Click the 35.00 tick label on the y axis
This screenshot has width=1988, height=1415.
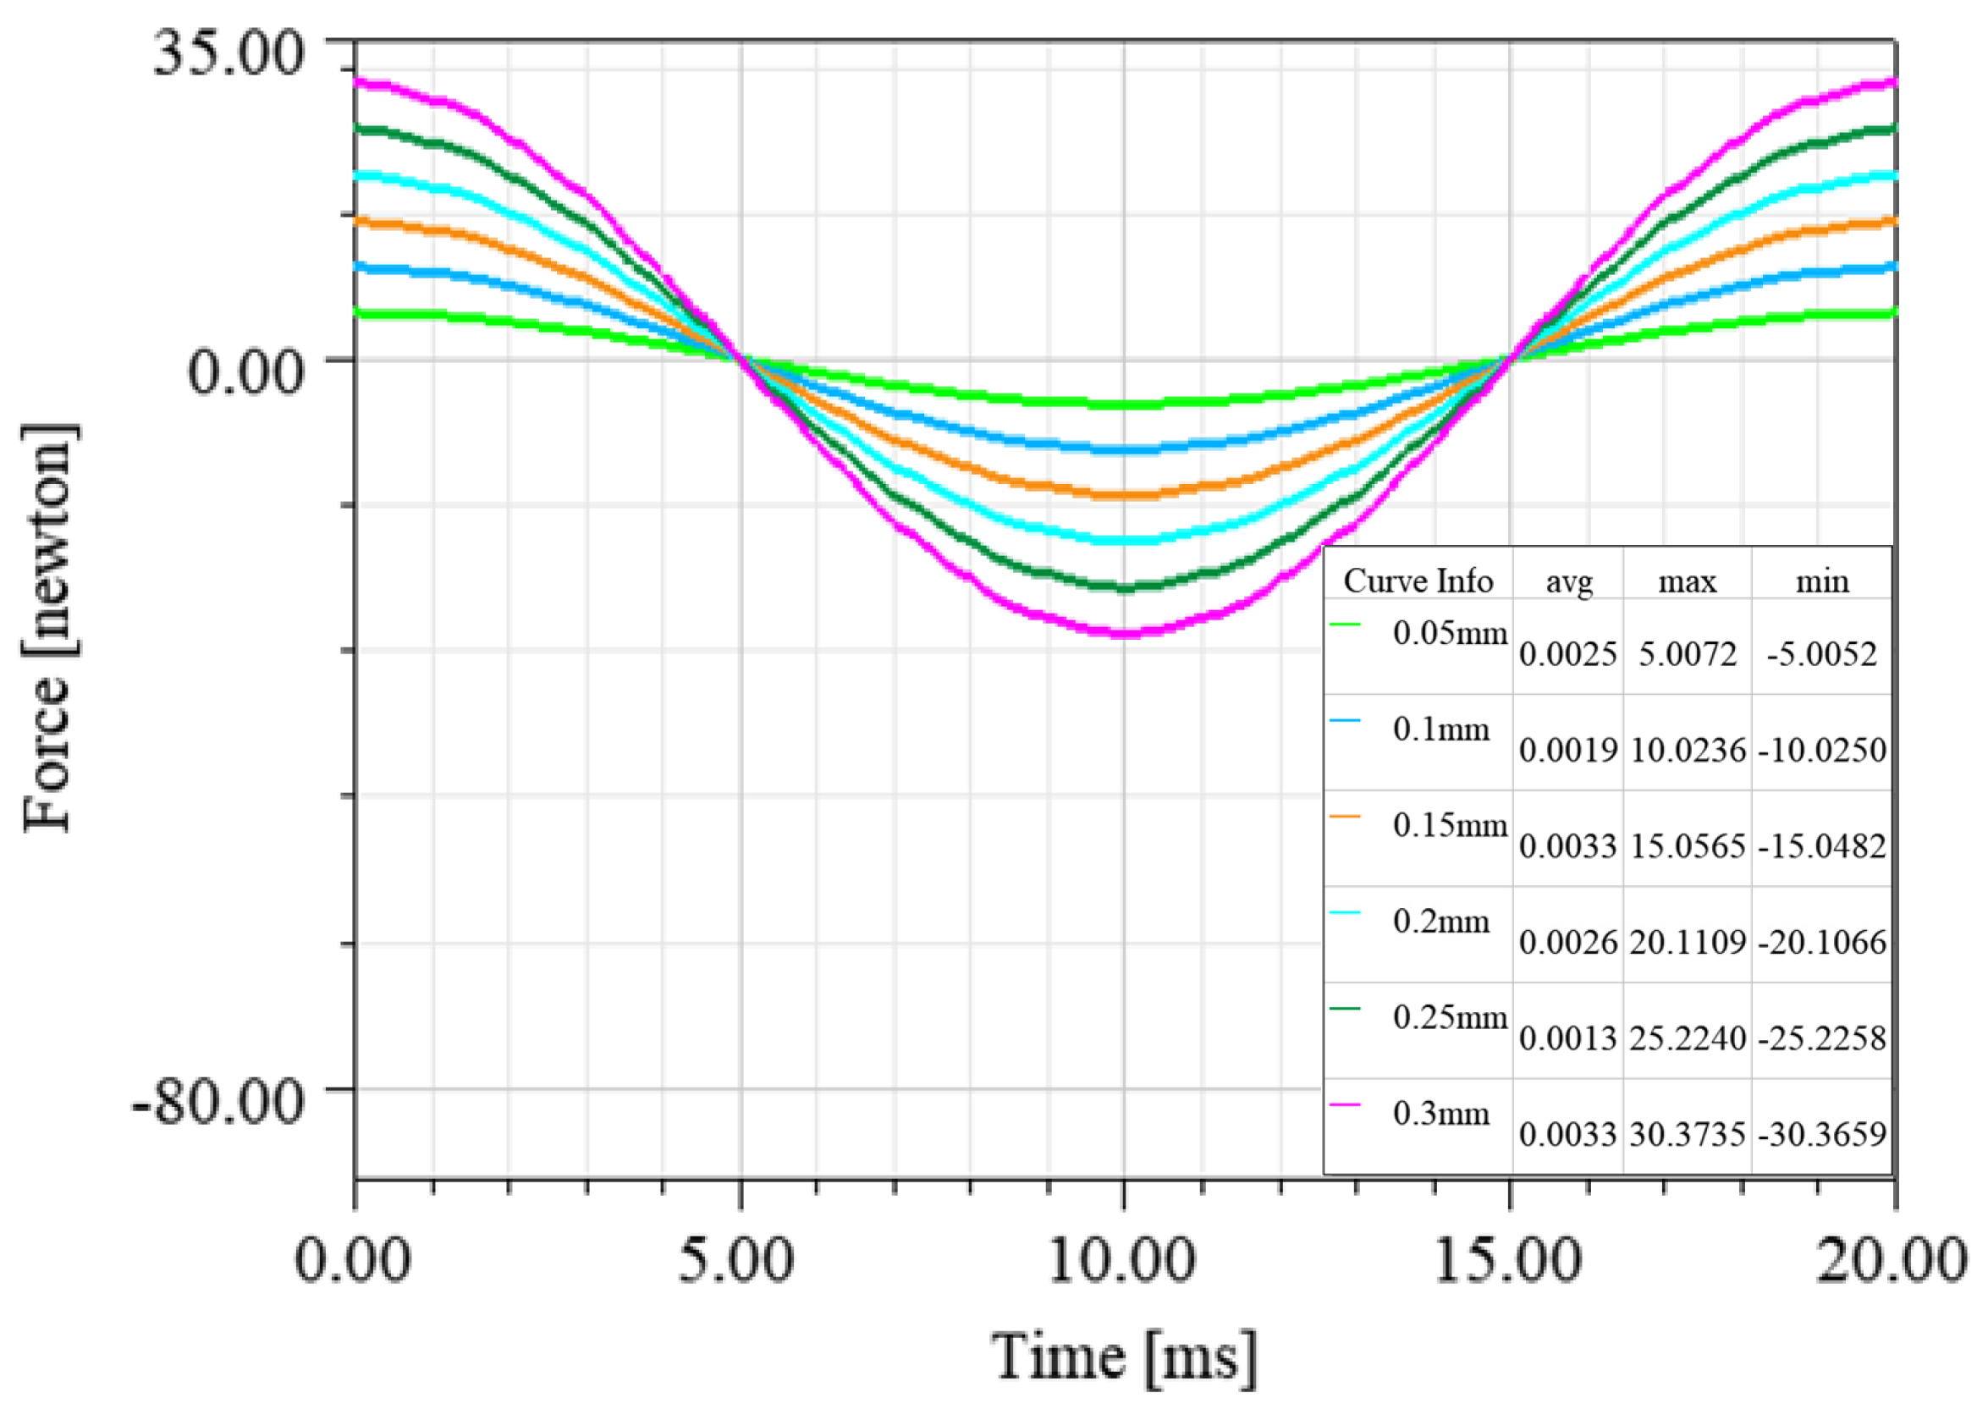(229, 54)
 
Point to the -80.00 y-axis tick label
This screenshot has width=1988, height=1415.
(218, 1102)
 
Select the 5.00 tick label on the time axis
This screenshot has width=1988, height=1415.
(736, 1260)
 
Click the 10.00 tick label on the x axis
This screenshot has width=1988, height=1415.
(1122, 1260)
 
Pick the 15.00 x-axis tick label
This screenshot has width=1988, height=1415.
(1508, 1260)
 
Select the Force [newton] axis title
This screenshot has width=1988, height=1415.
(49, 627)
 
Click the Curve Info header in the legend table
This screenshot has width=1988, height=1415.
(1418, 581)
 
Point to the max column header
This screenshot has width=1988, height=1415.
(1687, 581)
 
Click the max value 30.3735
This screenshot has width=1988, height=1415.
(1688, 1134)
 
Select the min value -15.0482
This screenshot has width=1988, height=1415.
(1821, 846)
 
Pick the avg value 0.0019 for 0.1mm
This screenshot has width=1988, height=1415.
(1568, 750)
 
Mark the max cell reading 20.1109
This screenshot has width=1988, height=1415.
(1688, 942)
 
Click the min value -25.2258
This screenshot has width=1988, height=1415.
(1821, 1038)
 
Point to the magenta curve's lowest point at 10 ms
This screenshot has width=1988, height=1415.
(1124, 633)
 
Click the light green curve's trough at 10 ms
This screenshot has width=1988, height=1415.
(1124, 405)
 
